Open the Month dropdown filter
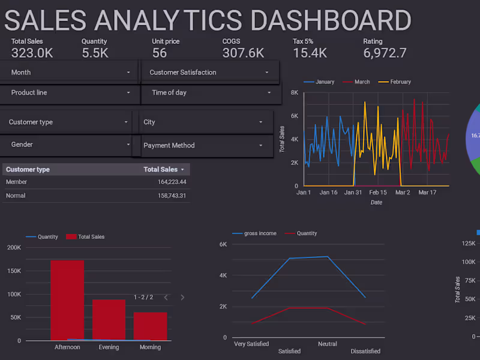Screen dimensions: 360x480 click(69, 73)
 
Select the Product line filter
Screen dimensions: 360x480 click(69, 93)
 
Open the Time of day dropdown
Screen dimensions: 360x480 click(210, 93)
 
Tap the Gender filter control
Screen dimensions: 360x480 click(66, 145)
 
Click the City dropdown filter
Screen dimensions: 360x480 click(204, 122)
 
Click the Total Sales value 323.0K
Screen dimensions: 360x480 click(32, 53)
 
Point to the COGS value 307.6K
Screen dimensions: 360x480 click(243, 53)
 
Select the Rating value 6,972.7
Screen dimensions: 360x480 click(385, 53)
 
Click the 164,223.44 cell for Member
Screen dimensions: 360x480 click(164, 182)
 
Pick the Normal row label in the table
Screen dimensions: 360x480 click(16, 196)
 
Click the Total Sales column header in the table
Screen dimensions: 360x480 click(161, 170)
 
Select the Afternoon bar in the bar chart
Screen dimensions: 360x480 click(67, 300)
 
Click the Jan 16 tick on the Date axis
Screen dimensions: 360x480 click(329, 193)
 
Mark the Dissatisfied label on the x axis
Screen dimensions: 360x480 click(365, 351)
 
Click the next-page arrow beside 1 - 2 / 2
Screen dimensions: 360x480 click(182, 298)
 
